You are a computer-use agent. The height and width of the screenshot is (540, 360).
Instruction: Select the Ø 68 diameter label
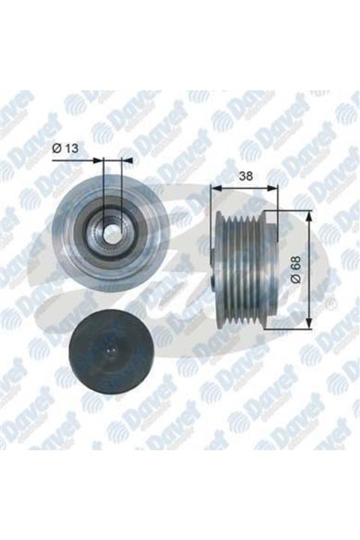pyautogui.click(x=298, y=269)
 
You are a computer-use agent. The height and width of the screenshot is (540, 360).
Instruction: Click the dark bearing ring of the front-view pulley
pyautogui.click(x=98, y=229)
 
